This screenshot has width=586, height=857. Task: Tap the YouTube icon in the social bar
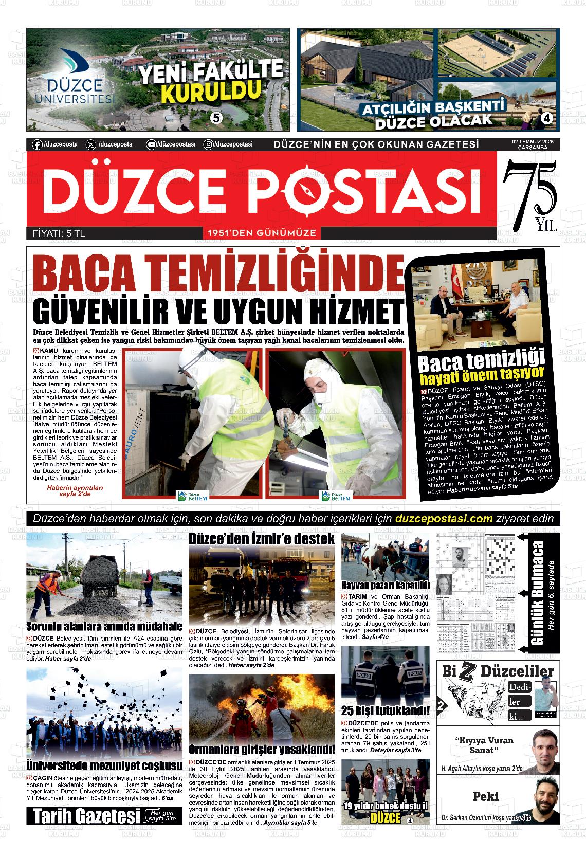(x=151, y=145)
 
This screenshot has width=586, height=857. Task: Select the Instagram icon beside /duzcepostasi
(x=209, y=145)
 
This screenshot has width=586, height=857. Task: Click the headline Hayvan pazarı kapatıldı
(x=385, y=585)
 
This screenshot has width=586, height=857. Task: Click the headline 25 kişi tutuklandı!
(x=385, y=711)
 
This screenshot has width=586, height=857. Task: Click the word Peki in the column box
(x=486, y=796)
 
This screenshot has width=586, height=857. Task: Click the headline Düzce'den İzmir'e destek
(x=262, y=539)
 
